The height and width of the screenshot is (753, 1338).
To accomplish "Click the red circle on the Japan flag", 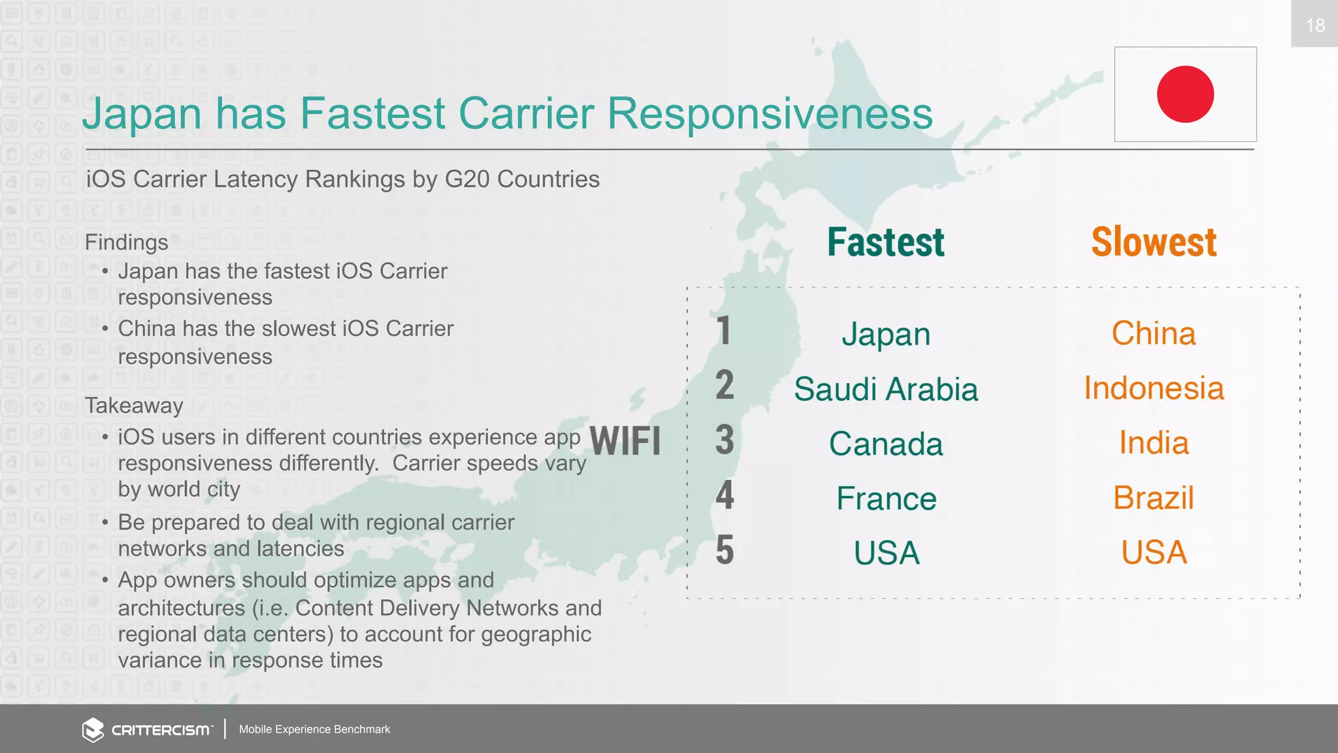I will (1185, 94).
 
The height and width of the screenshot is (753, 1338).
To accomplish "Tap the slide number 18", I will (1314, 25).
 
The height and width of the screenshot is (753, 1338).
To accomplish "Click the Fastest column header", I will (885, 243).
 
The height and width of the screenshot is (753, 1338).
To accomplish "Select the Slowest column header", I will (1154, 243).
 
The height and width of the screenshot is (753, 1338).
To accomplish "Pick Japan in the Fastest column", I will (885, 335).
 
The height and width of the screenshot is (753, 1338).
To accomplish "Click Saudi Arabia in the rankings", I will (885, 390).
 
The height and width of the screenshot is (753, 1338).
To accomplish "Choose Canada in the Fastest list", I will (885, 444).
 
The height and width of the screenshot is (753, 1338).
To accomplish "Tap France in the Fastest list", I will (886, 499).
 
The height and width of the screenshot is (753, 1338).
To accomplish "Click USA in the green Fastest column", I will (886, 554).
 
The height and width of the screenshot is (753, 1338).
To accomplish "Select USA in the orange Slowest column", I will (1154, 552).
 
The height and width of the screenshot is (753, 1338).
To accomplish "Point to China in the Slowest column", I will (1154, 333).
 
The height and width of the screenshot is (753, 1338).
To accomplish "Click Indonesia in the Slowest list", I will (1154, 388).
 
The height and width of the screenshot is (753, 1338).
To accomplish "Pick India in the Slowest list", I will (1154, 443).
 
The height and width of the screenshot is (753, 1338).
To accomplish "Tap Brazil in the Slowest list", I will (1154, 498).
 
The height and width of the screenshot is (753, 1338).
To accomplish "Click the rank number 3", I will (725, 440).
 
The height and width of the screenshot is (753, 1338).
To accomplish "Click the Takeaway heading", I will (134, 406).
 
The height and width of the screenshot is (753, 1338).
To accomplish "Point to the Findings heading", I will (127, 243).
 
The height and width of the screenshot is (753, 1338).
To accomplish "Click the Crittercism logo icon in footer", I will (93, 729).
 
